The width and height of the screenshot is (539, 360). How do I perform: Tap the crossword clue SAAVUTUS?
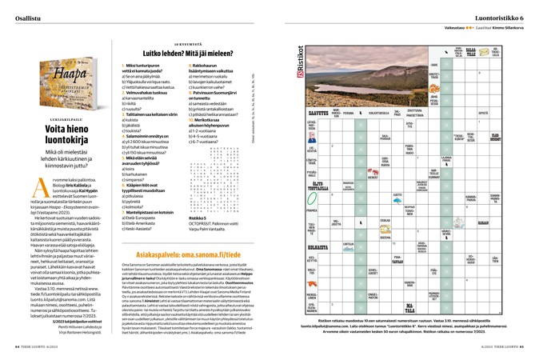pyautogui.click(x=318, y=114)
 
